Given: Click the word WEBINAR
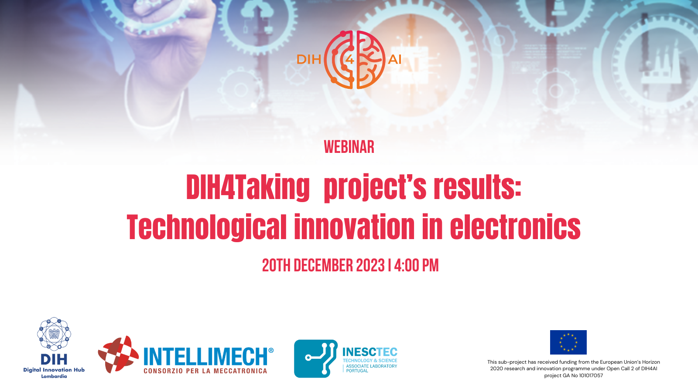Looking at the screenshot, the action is (x=349, y=147).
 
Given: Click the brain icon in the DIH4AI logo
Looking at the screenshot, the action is (x=355, y=60).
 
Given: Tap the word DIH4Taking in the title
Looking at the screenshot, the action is (x=248, y=187).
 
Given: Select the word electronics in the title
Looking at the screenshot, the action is (x=515, y=227).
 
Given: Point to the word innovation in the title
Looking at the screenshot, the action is (x=354, y=227).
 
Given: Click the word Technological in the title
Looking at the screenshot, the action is (x=206, y=227).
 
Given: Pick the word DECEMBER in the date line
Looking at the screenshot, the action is (x=323, y=266).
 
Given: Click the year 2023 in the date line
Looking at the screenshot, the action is (x=370, y=266).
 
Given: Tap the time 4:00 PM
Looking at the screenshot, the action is (x=416, y=266).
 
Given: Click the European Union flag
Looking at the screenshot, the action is (x=568, y=342).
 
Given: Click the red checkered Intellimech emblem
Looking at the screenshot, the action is (x=118, y=355).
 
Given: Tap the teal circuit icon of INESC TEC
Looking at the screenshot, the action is (x=316, y=358).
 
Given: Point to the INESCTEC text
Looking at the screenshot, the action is (x=370, y=352).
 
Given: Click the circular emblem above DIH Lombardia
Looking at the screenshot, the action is (x=54, y=334).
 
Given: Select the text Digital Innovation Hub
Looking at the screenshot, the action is (x=54, y=370).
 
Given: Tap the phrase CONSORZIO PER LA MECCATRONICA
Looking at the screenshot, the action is (x=205, y=371).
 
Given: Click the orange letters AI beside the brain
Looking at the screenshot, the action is (x=394, y=59).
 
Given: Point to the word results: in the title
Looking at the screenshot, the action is (x=478, y=187).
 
